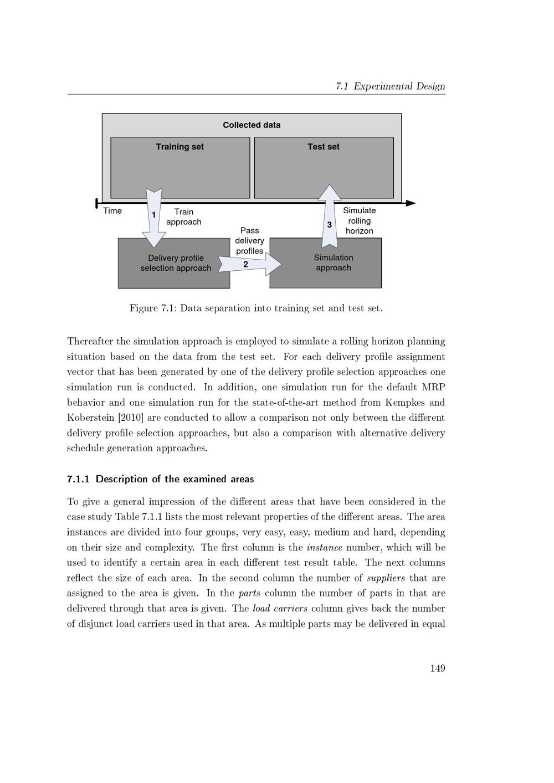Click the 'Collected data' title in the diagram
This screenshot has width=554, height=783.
pyautogui.click(x=252, y=125)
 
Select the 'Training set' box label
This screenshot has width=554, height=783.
pyautogui.click(x=179, y=147)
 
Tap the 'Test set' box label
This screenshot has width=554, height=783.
pyautogui.click(x=324, y=147)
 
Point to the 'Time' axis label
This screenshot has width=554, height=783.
pyautogui.click(x=112, y=211)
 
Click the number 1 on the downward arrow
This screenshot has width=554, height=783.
pyautogui.click(x=153, y=215)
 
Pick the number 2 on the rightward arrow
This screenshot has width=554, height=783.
pyautogui.click(x=245, y=265)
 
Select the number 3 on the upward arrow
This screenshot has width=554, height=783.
pyautogui.click(x=330, y=225)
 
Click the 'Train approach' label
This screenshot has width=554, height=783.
pyautogui.click(x=184, y=217)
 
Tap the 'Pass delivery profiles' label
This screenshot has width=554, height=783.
pyautogui.click(x=249, y=240)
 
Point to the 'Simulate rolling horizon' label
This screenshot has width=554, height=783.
pyautogui.click(x=359, y=220)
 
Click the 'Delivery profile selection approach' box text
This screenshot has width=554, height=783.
pyautogui.click(x=176, y=263)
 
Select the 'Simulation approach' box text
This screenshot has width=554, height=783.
pyautogui.click(x=334, y=262)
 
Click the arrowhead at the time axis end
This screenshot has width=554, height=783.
pyautogui.click(x=411, y=203)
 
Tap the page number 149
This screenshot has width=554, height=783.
pyautogui.click(x=437, y=668)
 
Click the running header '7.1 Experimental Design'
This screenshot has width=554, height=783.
pyautogui.click(x=391, y=86)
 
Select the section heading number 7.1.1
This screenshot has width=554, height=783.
pyautogui.click(x=78, y=479)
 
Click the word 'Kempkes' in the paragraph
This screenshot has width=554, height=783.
pyautogui.click(x=407, y=403)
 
